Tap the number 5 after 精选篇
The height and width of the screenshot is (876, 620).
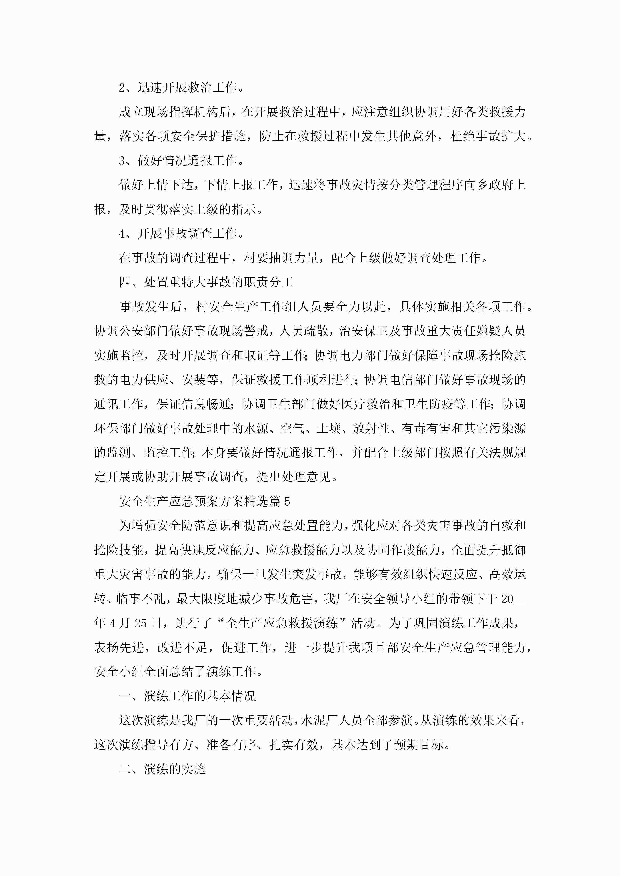coord(287,502)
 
